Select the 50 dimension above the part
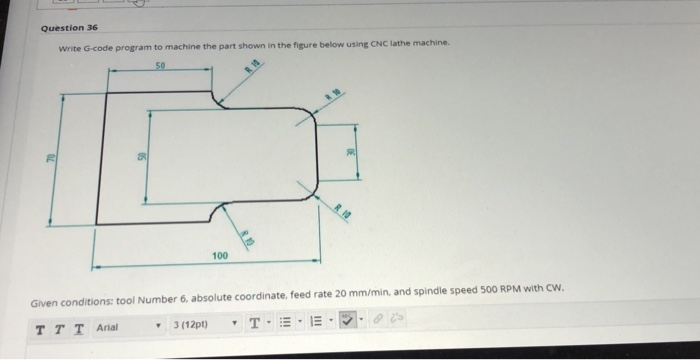[159, 66]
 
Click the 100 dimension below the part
[220, 256]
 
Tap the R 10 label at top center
[249, 67]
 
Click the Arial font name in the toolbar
[107, 326]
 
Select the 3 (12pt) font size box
[189, 326]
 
